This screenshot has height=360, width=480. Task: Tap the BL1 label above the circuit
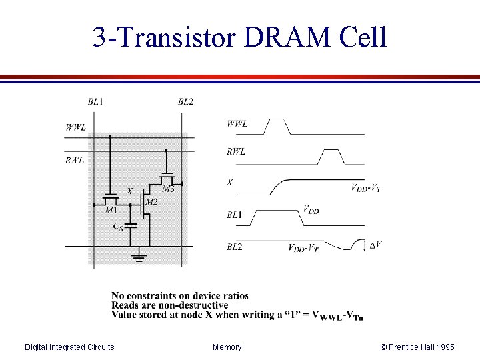[x=95, y=101]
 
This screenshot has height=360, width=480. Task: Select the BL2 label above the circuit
[x=185, y=101]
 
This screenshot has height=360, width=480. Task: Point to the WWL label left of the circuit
[x=75, y=127]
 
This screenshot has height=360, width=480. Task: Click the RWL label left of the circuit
[x=75, y=160]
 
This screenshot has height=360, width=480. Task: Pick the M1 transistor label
[x=111, y=210]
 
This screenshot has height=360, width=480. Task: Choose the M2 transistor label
[x=151, y=201]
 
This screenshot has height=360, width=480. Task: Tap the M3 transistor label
[x=168, y=189]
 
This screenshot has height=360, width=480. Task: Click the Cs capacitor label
[x=117, y=227]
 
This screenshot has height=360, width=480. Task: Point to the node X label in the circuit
[x=129, y=191]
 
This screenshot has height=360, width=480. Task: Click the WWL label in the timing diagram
[x=237, y=123]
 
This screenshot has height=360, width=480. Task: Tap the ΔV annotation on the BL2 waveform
[x=375, y=245]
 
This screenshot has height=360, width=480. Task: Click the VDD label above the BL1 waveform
[x=311, y=209]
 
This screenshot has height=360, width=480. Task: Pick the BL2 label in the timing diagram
[x=234, y=247]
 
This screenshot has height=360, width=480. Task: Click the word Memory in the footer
[x=227, y=347]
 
